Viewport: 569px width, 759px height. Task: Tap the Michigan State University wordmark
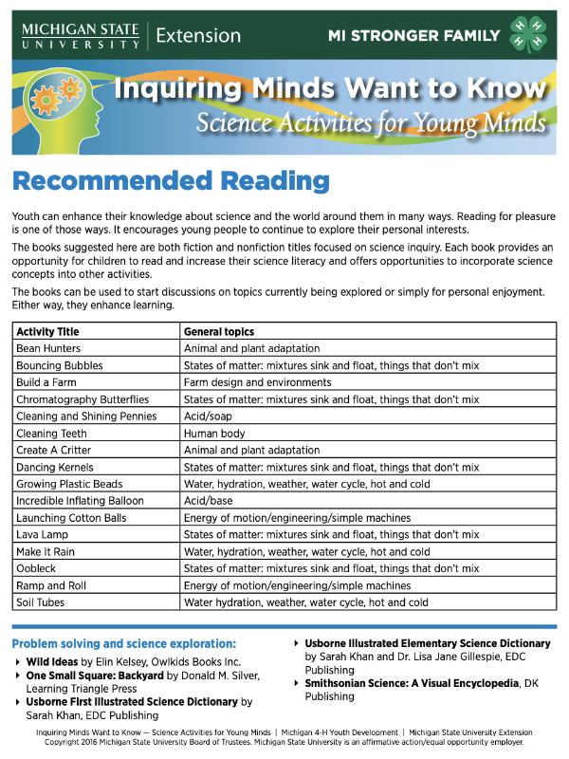80,36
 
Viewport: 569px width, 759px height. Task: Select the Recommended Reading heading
170,180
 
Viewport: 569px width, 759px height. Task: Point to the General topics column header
219,332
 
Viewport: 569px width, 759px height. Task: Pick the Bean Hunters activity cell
48,349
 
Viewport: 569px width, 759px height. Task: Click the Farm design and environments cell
246,382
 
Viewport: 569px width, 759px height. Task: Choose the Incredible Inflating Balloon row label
80,501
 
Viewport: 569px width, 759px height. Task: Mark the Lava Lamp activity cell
43,535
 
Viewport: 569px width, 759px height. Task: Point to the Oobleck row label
38,568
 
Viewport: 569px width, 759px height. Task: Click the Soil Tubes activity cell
42,602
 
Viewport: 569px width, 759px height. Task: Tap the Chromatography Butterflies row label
83,399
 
